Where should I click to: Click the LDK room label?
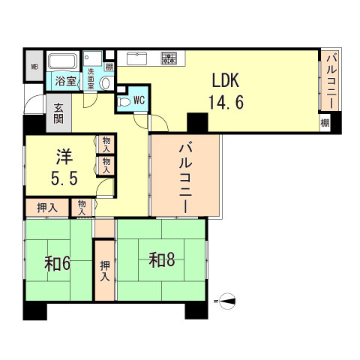click(x=226, y=80)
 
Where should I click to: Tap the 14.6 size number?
click(x=226, y=102)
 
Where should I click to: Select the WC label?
click(x=139, y=100)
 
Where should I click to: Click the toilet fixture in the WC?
click(x=124, y=102)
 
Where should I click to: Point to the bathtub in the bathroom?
click(x=62, y=61)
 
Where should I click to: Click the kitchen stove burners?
click(x=169, y=58)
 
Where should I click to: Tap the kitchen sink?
click(x=136, y=58)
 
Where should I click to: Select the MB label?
click(x=34, y=67)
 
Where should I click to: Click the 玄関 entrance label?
click(x=58, y=114)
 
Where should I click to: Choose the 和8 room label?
click(x=162, y=260)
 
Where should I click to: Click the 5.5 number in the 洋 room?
click(x=64, y=178)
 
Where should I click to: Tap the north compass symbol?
click(x=227, y=301)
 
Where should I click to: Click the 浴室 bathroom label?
click(x=65, y=81)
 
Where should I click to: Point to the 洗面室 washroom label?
click(x=91, y=79)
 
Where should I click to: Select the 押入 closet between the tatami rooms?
click(x=105, y=271)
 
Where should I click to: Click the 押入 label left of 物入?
click(x=47, y=208)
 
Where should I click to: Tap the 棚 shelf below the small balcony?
click(x=325, y=123)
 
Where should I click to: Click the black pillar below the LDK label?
click(x=197, y=122)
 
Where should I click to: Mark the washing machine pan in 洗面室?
click(x=93, y=59)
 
